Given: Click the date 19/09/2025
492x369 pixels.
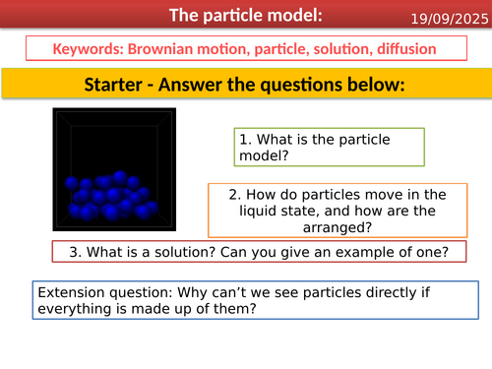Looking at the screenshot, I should pos(448,16).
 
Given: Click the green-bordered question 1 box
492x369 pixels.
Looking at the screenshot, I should pos(329,148).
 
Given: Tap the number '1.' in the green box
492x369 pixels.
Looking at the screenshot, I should pos(245,139).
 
